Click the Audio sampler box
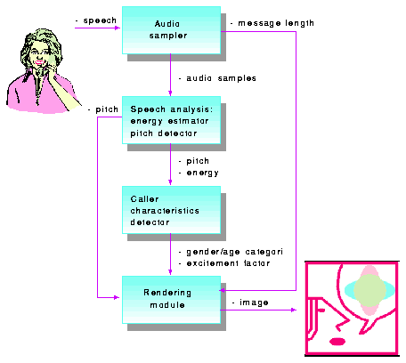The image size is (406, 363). tap(171, 30)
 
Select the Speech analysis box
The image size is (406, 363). tap(171, 120)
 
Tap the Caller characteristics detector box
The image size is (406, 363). tap(171, 210)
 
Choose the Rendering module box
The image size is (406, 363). tap(171, 300)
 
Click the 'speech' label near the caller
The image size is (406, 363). tap(100, 20)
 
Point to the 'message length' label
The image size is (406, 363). tap(276, 23)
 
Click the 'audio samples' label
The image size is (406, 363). tap(221, 78)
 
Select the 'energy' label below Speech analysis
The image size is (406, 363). tap(203, 173)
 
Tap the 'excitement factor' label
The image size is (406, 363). tap(228, 263)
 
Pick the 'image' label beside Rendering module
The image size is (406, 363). tap(254, 302)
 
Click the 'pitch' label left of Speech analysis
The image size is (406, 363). tap(107, 109)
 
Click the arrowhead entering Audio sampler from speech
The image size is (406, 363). tap(118, 28)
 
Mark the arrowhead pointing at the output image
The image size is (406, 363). tap(294, 310)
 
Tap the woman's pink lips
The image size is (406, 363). tap(39, 62)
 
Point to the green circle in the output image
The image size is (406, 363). tap(369, 290)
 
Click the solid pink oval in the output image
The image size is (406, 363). tap(337, 342)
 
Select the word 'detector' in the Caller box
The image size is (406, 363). tap(150, 222)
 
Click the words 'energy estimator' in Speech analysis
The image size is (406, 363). tap(169, 121)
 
